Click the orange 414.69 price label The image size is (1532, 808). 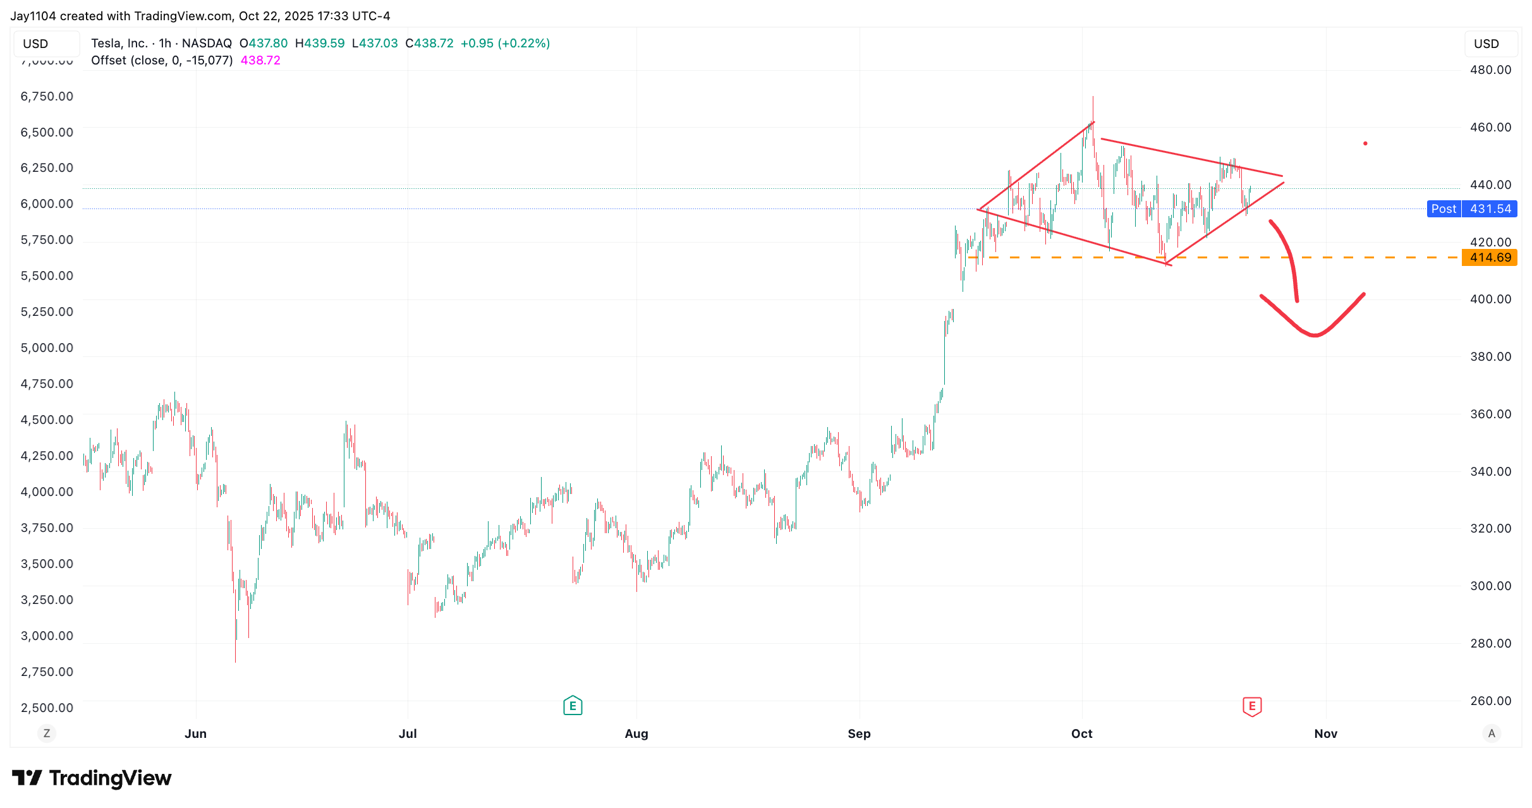click(x=1490, y=258)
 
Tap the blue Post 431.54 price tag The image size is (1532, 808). click(x=1472, y=209)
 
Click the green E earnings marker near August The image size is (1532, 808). click(x=573, y=706)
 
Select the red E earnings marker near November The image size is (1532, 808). click(x=1252, y=706)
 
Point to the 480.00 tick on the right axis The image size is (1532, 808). click(x=1490, y=70)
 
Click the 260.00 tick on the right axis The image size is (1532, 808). click(x=1490, y=701)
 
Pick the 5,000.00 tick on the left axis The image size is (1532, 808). click(x=47, y=348)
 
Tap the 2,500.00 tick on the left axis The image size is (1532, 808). click(x=47, y=708)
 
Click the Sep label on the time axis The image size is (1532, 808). click(x=859, y=733)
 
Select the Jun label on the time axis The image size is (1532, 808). click(x=195, y=733)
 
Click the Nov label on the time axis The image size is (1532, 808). click(x=1325, y=733)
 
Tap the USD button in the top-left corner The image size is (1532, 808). click(x=36, y=44)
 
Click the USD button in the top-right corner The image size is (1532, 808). click(x=1486, y=44)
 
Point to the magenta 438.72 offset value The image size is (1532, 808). click(x=260, y=61)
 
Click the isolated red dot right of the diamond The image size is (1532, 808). click(x=1365, y=143)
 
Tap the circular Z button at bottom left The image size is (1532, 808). click(x=47, y=733)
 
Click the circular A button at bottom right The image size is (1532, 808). click(x=1492, y=733)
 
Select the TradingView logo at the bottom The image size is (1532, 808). click(x=92, y=778)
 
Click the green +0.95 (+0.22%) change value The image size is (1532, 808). click(x=505, y=44)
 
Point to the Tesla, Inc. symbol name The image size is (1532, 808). click(x=119, y=44)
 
